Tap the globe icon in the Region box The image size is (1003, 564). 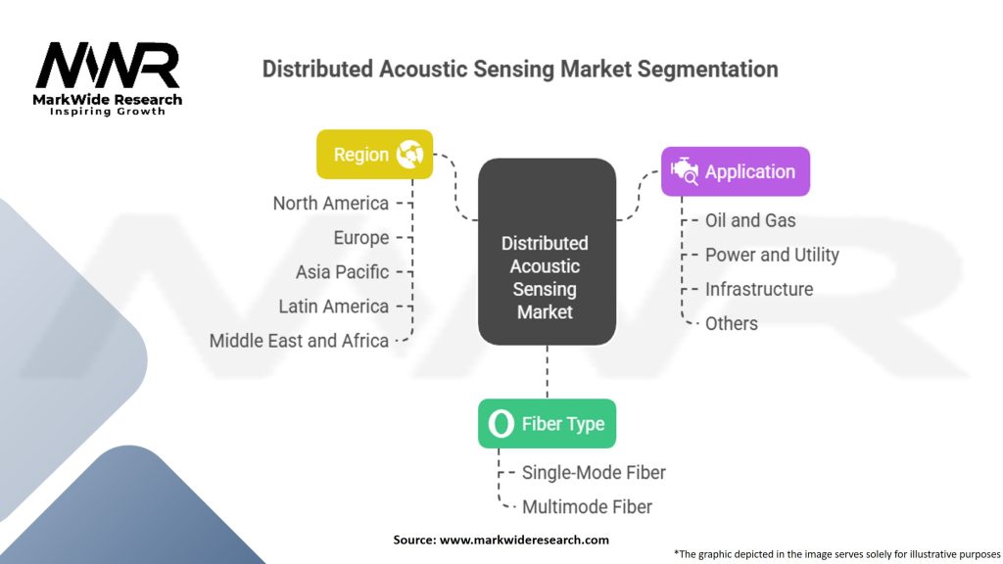click(407, 155)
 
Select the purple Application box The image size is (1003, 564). click(735, 171)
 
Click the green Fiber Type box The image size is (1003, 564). click(547, 424)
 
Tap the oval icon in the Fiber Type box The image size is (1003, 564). click(501, 424)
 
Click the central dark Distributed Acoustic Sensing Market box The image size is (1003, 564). click(546, 277)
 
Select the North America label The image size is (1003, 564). click(330, 204)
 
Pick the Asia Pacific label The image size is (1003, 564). click(342, 272)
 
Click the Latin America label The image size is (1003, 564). click(333, 306)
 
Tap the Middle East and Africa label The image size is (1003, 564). click(299, 341)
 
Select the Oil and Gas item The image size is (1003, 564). click(750, 220)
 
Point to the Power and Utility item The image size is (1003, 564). click(772, 255)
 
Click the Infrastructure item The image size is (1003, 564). click(759, 289)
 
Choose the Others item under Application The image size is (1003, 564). click(732, 323)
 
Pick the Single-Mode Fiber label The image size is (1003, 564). click(594, 473)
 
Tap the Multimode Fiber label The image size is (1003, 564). click(587, 507)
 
